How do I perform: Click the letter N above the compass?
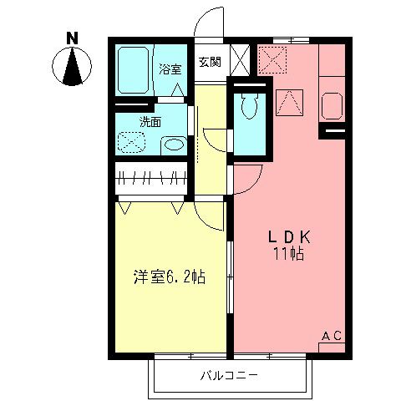[73, 38]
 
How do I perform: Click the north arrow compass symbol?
[73, 67]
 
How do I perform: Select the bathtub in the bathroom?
[132, 70]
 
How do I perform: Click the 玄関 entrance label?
[209, 61]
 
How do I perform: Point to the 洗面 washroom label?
[150, 122]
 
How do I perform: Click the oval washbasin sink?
[173, 145]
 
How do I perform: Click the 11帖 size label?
[287, 254]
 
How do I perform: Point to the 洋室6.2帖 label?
[170, 277]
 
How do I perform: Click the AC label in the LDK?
[332, 336]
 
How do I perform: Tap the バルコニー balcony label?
[229, 374]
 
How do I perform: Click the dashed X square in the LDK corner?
[272, 59]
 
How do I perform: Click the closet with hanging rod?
[151, 179]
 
